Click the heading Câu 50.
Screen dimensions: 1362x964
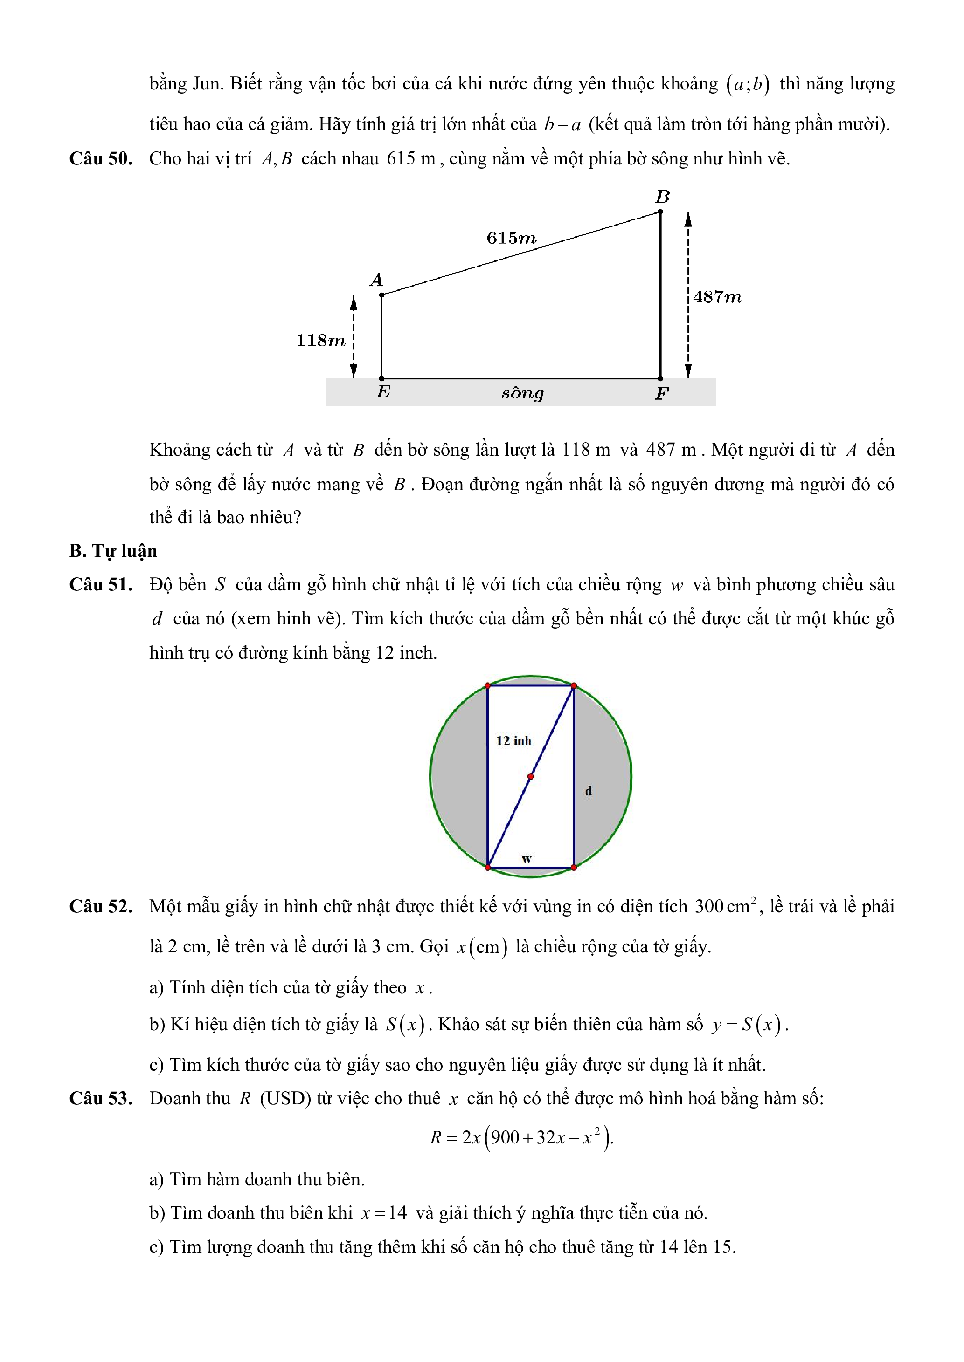[100, 158]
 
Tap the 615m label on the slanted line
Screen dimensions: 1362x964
[511, 238]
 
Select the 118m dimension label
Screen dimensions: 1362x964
[320, 341]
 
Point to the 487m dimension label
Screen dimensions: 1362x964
[717, 297]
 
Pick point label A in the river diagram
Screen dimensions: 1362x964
[376, 280]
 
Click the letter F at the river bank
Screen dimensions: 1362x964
[661, 393]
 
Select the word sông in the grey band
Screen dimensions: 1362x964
[522, 393]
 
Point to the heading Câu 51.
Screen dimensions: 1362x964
[100, 584]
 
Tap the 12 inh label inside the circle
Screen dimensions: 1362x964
[513, 741]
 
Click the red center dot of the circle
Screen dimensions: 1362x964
[531, 776]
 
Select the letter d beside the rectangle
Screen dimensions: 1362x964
[588, 791]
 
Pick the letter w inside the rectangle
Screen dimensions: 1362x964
[526, 858]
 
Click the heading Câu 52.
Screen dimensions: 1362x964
[100, 906]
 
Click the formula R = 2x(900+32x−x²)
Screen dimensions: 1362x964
[521, 1137]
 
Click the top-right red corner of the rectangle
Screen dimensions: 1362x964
[574, 686]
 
